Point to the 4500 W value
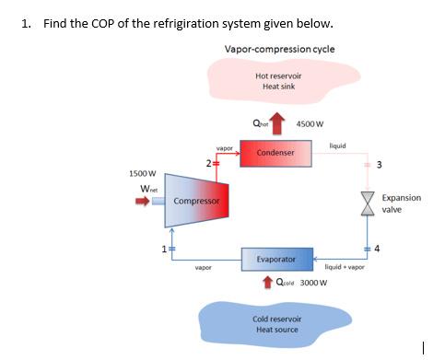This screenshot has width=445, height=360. tap(310, 125)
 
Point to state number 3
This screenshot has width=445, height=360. tap(378, 165)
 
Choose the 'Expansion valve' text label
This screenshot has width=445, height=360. tap(401, 203)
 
